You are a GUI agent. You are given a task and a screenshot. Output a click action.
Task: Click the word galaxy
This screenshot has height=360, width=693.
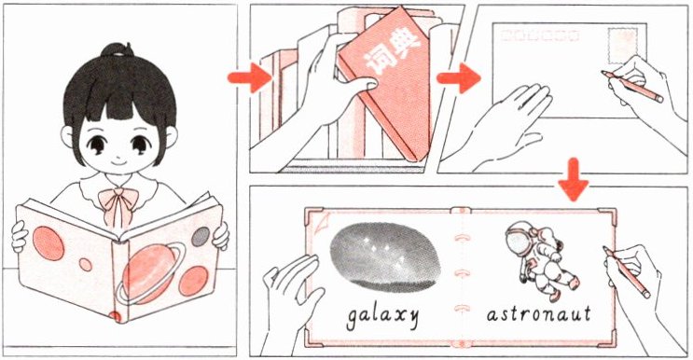pyautogui.click(x=382, y=316)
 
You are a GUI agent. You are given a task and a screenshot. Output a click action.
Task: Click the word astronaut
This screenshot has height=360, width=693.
pyautogui.click(x=538, y=314)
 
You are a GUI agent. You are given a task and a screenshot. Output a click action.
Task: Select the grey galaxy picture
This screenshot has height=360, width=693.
pyautogui.click(x=385, y=257)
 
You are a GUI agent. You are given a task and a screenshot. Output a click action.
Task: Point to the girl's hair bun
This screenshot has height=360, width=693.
pyautogui.click(x=118, y=50)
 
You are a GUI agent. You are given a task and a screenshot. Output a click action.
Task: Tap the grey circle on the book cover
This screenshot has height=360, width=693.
pyautogui.click(x=201, y=236)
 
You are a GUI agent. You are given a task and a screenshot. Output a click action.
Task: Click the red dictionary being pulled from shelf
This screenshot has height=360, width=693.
pyautogui.click(x=385, y=82)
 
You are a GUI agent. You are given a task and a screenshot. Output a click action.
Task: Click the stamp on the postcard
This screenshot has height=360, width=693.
pyautogui.click(x=623, y=46)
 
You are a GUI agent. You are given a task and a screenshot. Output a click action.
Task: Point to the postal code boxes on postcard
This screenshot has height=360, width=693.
pyautogui.click(x=539, y=35)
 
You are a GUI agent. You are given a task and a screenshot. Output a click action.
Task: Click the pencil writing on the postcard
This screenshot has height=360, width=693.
pyautogui.click(x=632, y=87)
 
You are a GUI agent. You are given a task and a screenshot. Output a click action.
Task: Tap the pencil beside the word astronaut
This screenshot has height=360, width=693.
pyautogui.click(x=627, y=272)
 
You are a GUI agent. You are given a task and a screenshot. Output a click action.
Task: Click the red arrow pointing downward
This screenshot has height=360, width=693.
pyautogui.click(x=574, y=179)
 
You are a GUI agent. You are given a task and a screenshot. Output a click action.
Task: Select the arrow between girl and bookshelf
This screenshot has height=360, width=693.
pyautogui.click(x=250, y=77)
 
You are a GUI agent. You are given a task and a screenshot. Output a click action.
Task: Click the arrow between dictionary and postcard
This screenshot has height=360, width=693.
pyautogui.click(x=458, y=78)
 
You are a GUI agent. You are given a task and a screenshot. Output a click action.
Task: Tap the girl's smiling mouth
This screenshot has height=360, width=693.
pyautogui.click(x=118, y=162)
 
